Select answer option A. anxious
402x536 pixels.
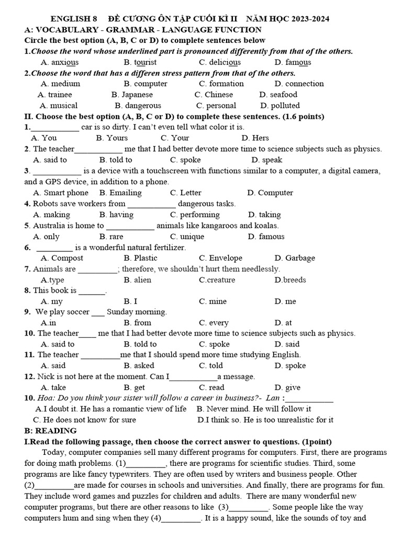(60, 62)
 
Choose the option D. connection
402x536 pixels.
(299, 84)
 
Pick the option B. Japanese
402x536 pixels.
(132, 95)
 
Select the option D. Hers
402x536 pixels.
(255, 138)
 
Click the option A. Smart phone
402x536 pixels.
(61, 193)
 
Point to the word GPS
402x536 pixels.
(46, 182)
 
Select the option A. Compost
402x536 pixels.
(62, 258)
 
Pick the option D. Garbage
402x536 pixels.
(295, 258)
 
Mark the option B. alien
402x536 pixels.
(138, 280)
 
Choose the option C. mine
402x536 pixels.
(213, 301)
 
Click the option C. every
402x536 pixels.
(214, 323)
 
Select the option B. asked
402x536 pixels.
(139, 366)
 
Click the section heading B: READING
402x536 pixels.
(51, 431)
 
